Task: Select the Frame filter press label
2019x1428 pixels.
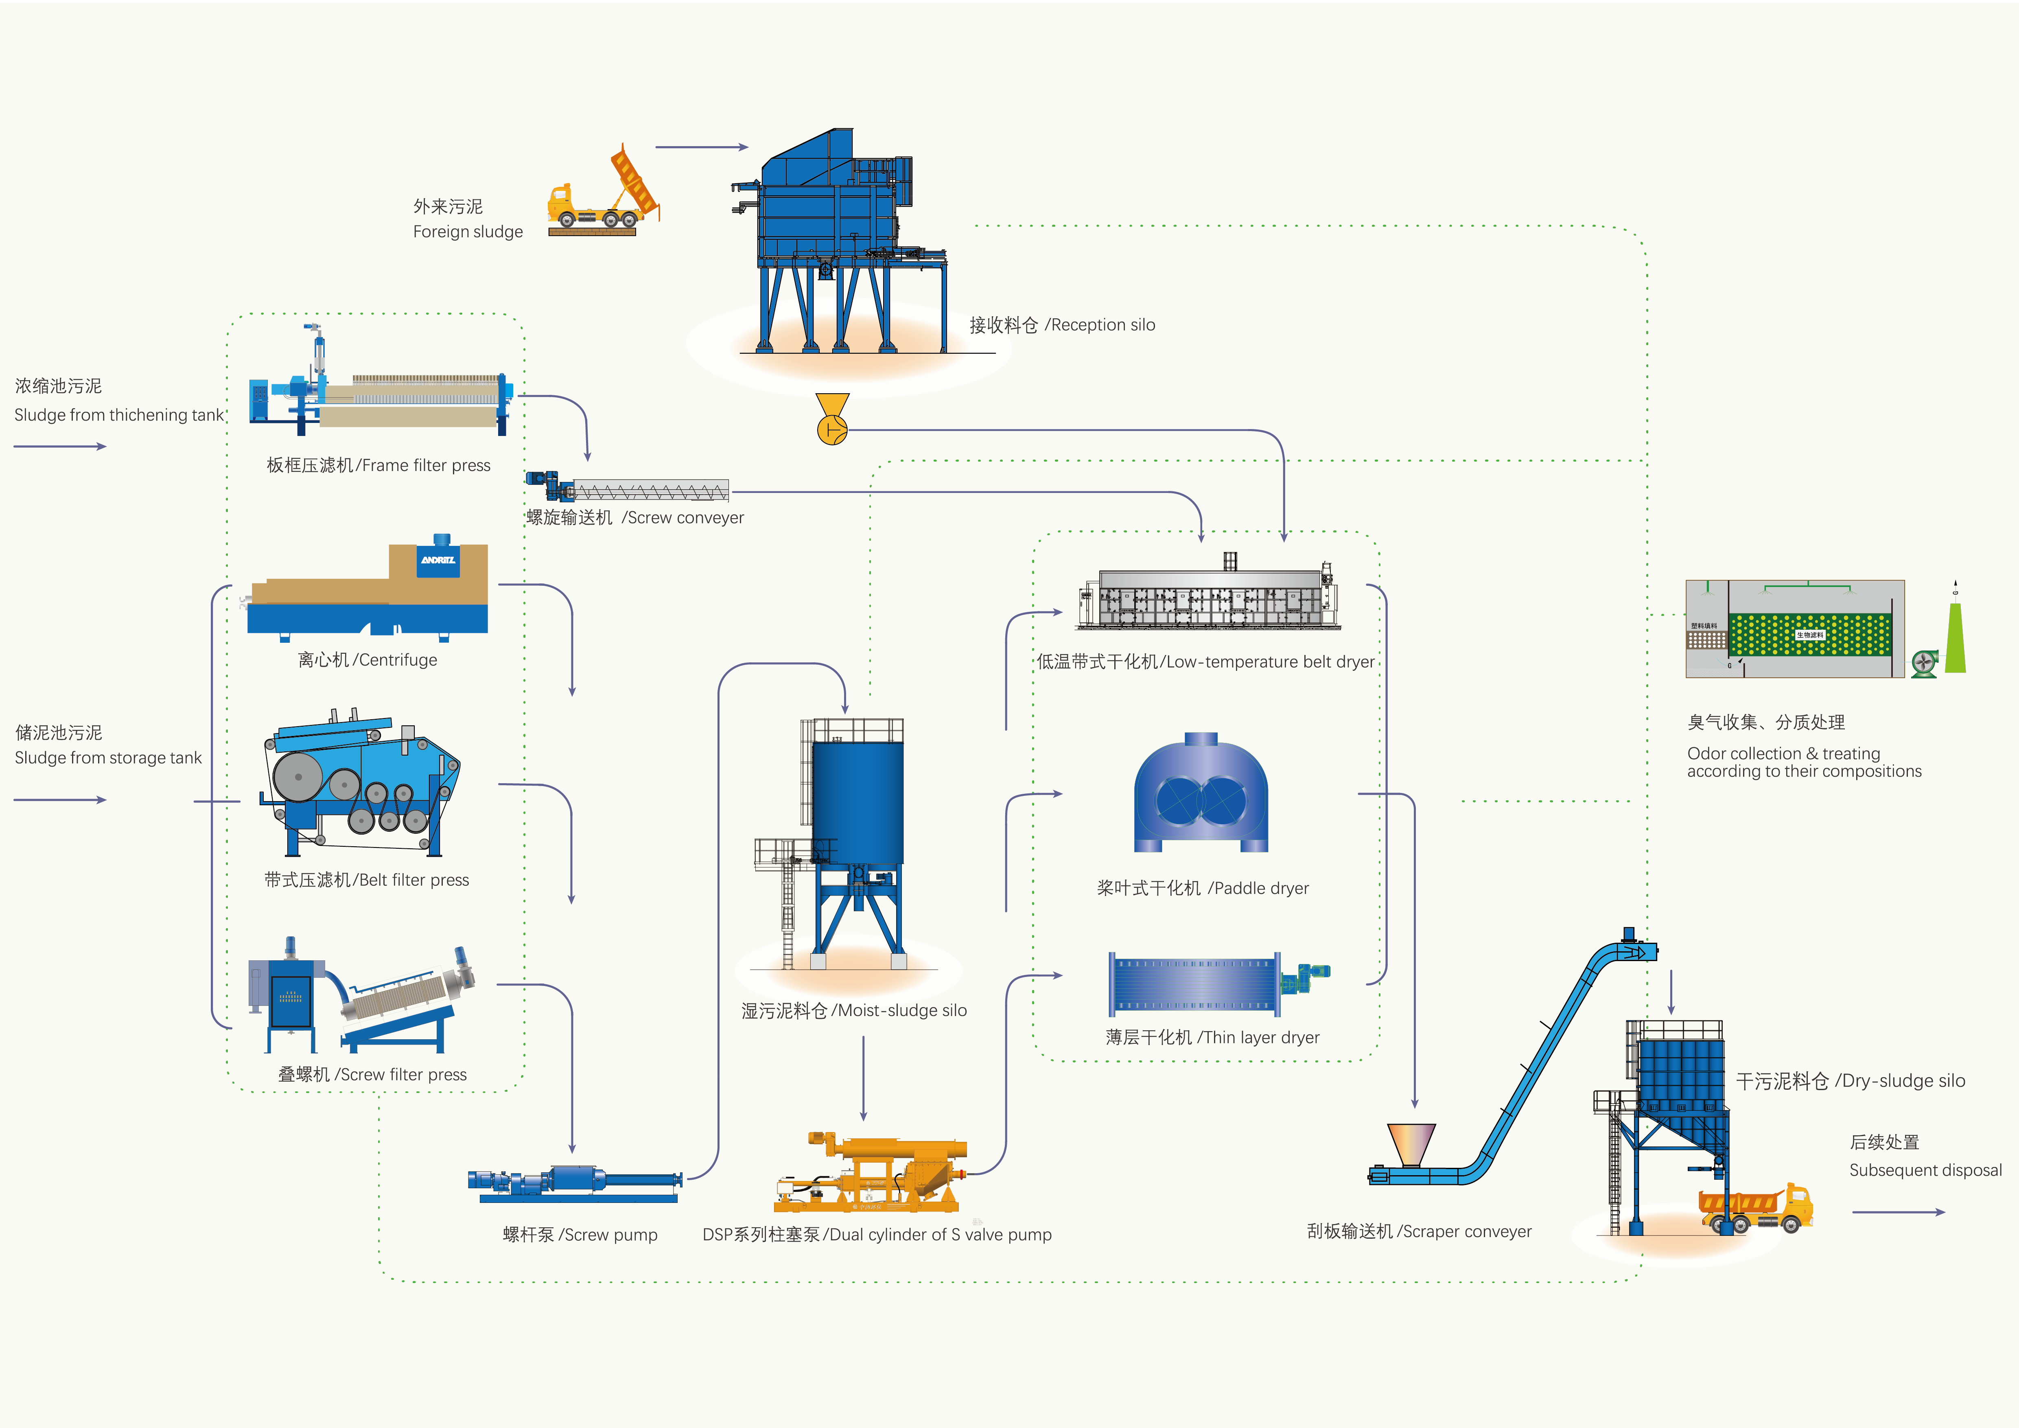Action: click(378, 465)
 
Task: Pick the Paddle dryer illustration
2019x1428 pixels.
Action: click(1200, 793)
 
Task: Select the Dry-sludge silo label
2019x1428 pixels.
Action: click(1850, 1081)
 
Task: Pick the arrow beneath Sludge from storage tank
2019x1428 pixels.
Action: click(60, 800)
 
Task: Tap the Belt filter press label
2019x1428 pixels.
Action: click(367, 880)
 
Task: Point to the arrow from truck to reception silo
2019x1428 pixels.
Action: click(701, 147)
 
